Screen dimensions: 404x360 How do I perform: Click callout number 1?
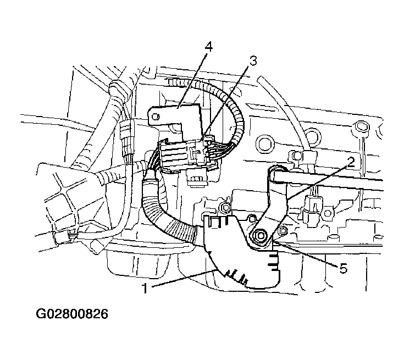(x=145, y=287)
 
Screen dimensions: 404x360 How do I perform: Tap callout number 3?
(x=253, y=60)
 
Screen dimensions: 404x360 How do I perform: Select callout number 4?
(x=209, y=47)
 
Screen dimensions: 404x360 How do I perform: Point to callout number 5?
(x=344, y=269)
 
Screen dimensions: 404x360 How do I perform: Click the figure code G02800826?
(x=72, y=314)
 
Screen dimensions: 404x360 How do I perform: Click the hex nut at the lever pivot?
(x=259, y=235)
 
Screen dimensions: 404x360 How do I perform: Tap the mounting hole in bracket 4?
(x=154, y=117)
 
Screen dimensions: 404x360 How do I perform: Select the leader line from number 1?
(x=183, y=278)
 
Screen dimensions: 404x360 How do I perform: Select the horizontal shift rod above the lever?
(x=327, y=182)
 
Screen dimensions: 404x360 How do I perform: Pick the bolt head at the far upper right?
(x=359, y=126)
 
